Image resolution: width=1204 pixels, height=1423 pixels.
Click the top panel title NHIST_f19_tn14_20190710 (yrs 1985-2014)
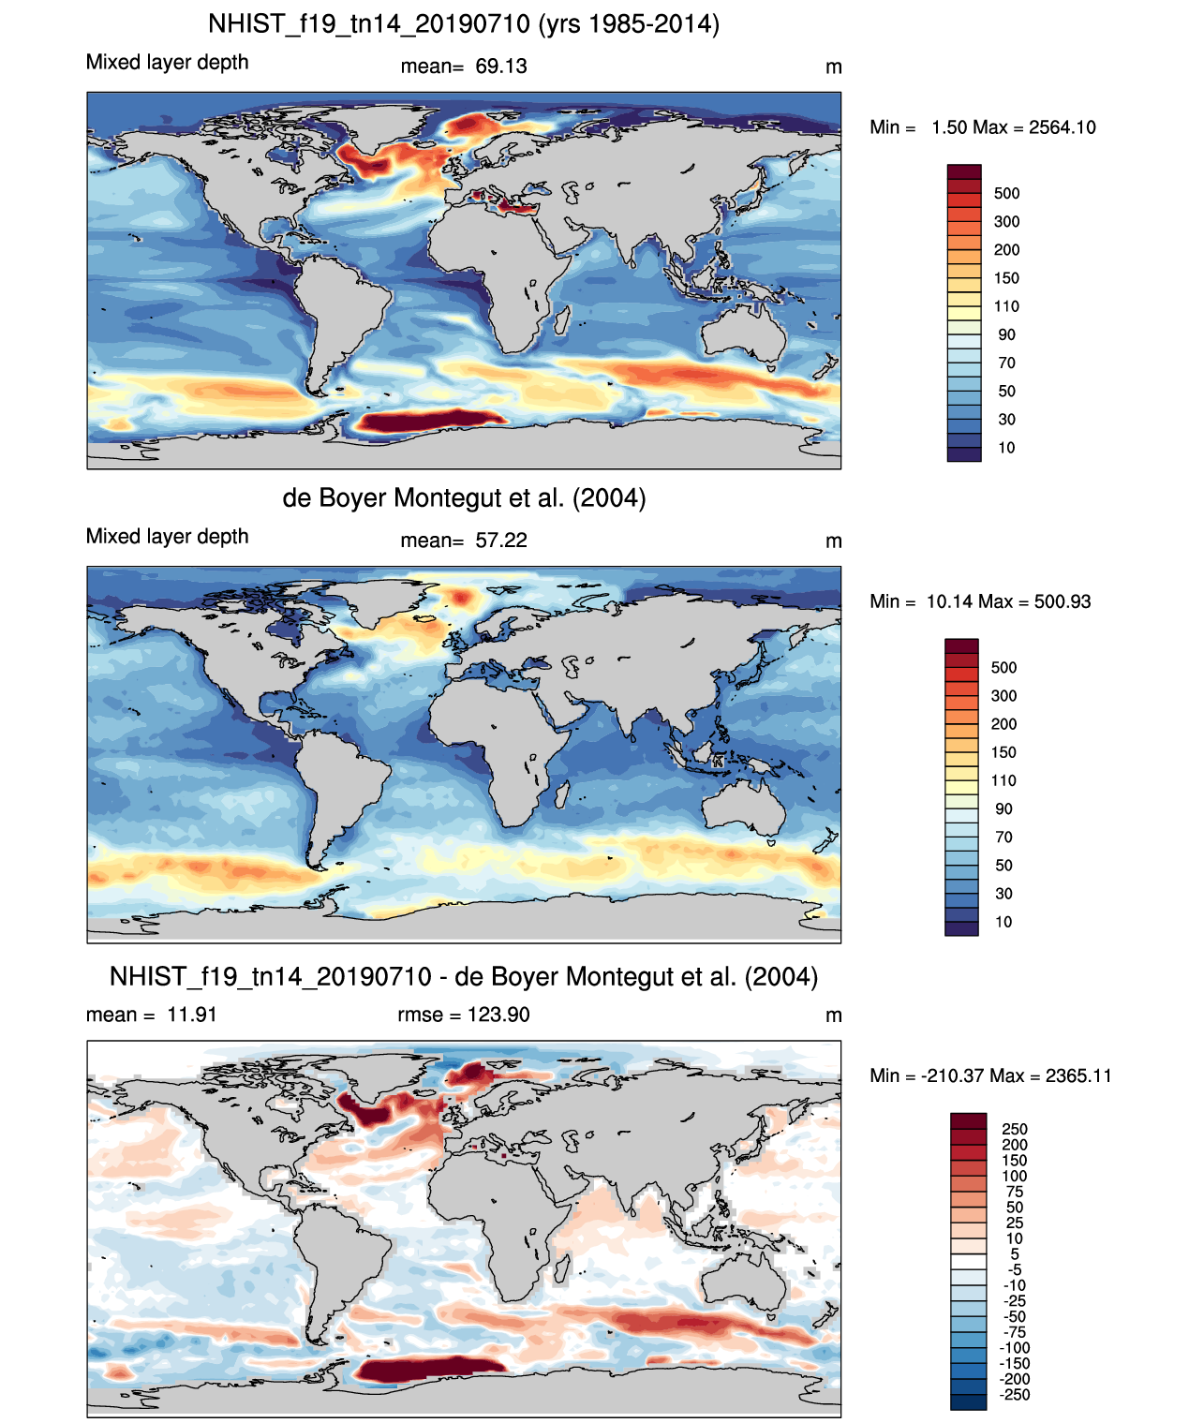(x=464, y=23)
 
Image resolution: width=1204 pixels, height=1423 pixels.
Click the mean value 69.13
(x=501, y=67)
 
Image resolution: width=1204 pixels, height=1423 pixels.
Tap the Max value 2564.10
(x=1062, y=127)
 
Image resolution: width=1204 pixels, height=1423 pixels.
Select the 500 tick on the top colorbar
(x=1006, y=194)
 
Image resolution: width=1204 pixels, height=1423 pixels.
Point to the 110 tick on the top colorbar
(x=1006, y=306)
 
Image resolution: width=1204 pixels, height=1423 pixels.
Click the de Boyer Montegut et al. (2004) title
(x=464, y=497)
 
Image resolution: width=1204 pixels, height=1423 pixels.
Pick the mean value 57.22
(x=501, y=541)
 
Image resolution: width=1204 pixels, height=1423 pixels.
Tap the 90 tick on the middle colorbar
(x=1003, y=809)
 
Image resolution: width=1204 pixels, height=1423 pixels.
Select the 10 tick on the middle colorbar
(x=1003, y=922)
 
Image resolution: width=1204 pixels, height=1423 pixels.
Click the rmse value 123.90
(x=498, y=1015)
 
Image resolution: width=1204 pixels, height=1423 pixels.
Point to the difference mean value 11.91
(x=192, y=1015)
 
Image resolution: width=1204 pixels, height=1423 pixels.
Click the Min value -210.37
(x=948, y=1075)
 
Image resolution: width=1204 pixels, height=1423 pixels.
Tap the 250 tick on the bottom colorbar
(x=1015, y=1130)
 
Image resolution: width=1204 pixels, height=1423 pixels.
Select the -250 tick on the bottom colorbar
(x=1015, y=1395)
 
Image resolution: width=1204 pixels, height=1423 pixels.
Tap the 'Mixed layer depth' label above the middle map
(x=168, y=537)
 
